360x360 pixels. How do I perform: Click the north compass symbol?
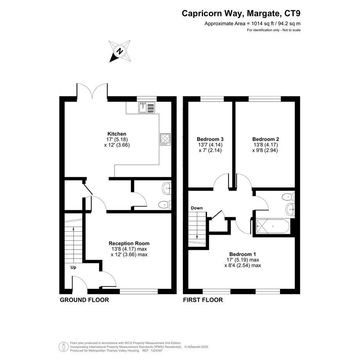click(x=120, y=51)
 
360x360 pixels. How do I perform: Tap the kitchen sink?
click(x=147, y=107)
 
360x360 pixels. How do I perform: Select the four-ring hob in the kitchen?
click(x=165, y=139)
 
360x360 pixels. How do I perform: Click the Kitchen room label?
click(x=117, y=134)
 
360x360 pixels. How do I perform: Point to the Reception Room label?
click(x=129, y=243)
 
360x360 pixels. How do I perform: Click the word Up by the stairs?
click(x=73, y=267)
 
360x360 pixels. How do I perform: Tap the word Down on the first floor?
click(x=197, y=208)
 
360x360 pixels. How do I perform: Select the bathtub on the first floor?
click(x=273, y=227)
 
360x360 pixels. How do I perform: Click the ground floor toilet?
click(x=165, y=205)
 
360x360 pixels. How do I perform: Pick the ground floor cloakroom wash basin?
click(x=167, y=188)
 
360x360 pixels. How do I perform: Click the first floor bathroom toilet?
click(x=288, y=197)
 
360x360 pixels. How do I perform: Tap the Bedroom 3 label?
click(x=210, y=139)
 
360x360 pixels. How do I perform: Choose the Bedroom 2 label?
click(x=266, y=139)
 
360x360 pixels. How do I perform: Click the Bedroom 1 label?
click(x=242, y=254)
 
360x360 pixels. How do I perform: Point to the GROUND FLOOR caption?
click(x=84, y=300)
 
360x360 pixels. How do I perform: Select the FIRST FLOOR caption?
click(x=203, y=300)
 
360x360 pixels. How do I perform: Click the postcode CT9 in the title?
click(x=292, y=13)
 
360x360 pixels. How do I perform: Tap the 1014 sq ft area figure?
click(x=263, y=23)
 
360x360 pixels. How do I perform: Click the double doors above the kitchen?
click(x=92, y=91)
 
